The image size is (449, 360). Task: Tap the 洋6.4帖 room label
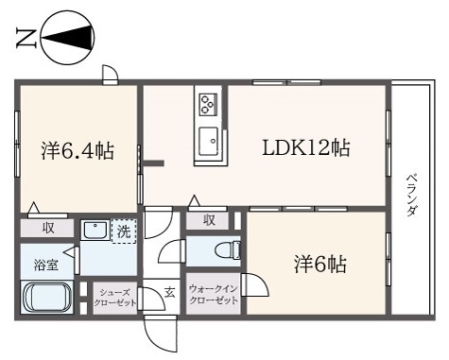click(78, 150)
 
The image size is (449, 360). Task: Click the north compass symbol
click(68, 38)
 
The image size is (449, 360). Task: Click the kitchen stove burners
click(208, 101)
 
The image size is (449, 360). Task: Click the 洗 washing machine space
click(124, 231)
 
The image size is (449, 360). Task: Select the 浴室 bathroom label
click(46, 264)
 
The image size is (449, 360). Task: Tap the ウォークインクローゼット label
click(213, 291)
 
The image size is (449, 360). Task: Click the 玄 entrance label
click(169, 293)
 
